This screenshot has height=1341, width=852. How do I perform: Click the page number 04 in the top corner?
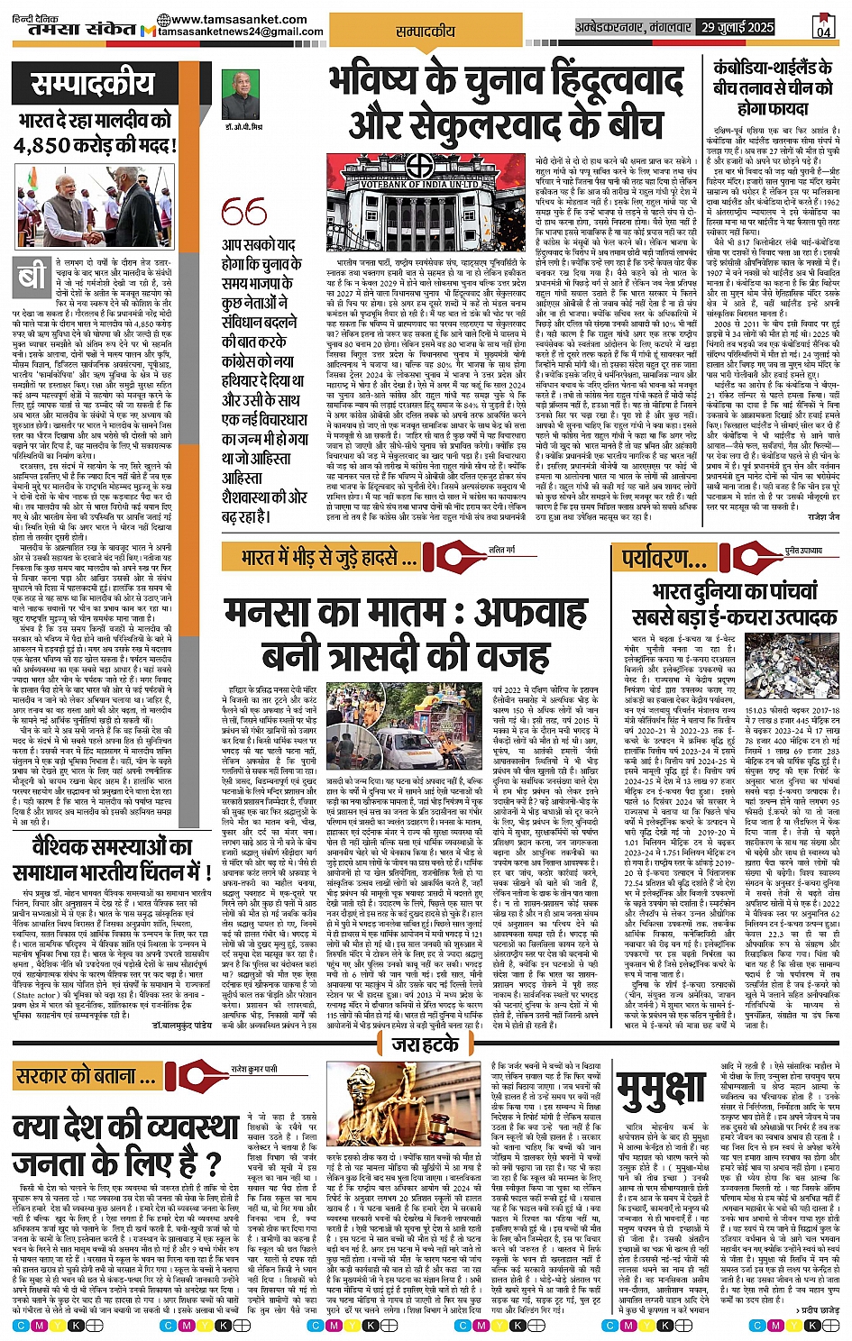[x=822, y=27]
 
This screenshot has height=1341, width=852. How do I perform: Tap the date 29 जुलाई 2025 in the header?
[x=737, y=28]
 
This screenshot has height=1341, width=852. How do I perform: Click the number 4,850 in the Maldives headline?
[x=60, y=145]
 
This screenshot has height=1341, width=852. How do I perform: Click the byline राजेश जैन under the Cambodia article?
[x=823, y=517]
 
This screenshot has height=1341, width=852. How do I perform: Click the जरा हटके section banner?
[x=426, y=1045]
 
